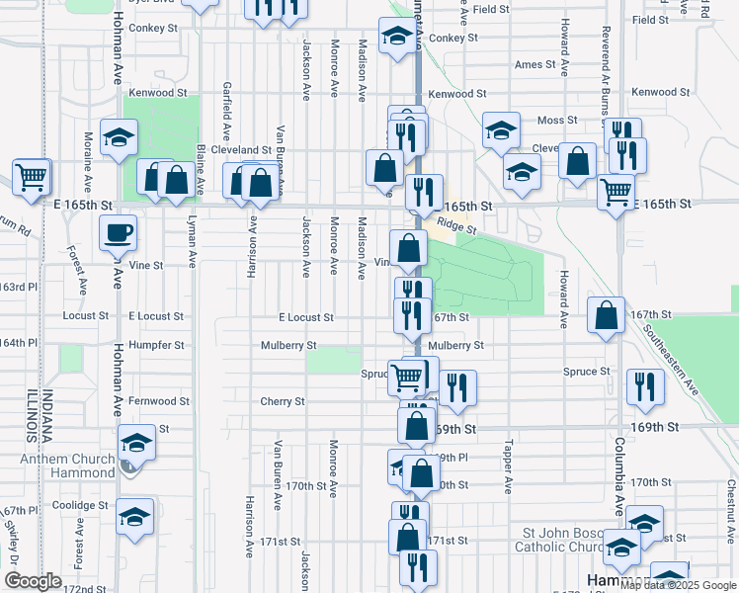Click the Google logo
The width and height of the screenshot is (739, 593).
pos(33,581)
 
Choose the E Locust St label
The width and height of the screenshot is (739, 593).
pos(305,317)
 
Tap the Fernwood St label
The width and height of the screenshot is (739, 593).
pos(158,401)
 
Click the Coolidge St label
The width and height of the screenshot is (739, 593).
pos(80,505)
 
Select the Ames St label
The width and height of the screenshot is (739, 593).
pos(536,64)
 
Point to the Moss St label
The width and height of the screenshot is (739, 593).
pos(557,121)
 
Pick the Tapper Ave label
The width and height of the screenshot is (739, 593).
pos(509,466)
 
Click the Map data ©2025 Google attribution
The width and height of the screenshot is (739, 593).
pos(678,585)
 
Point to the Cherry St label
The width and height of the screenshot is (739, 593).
pos(283,401)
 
